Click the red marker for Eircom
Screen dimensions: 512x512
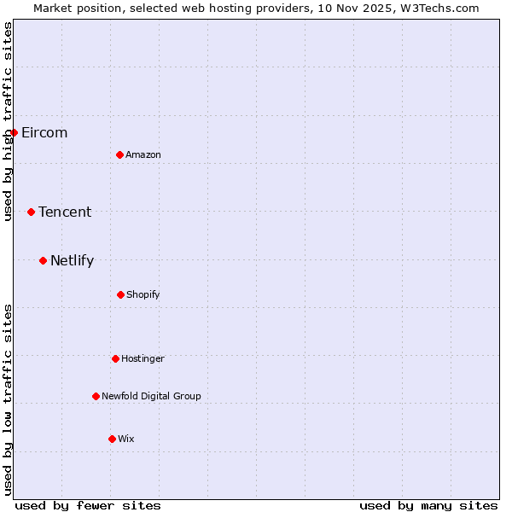pyautogui.click(x=14, y=132)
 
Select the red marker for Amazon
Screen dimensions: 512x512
pyautogui.click(x=120, y=154)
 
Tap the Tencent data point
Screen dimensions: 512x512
pyautogui.click(x=31, y=212)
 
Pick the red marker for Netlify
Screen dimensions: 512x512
pyautogui.click(x=43, y=260)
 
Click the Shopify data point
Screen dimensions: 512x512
pyautogui.click(x=120, y=294)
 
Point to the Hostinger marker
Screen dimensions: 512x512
pyautogui.click(x=115, y=358)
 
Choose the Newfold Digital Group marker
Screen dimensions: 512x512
pyautogui.click(x=96, y=396)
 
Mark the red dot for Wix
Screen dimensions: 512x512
pyautogui.click(x=112, y=439)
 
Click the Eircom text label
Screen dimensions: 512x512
pyautogui.click(x=44, y=132)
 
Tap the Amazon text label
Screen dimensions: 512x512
pyautogui.click(x=143, y=154)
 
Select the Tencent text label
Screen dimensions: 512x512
pyautogui.click(x=65, y=212)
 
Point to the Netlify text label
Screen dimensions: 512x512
pyautogui.click(x=72, y=261)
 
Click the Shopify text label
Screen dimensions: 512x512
pyautogui.click(x=143, y=294)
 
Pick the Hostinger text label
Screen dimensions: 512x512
pyautogui.click(x=143, y=358)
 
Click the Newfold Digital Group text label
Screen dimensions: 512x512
pyautogui.click(x=151, y=396)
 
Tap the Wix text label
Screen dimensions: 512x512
pyautogui.click(x=126, y=439)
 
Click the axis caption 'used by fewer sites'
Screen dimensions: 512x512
pyautogui.click(x=88, y=505)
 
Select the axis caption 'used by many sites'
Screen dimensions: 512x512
pyautogui.click(x=428, y=505)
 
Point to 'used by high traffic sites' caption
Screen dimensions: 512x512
pyautogui.click(x=9, y=121)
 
